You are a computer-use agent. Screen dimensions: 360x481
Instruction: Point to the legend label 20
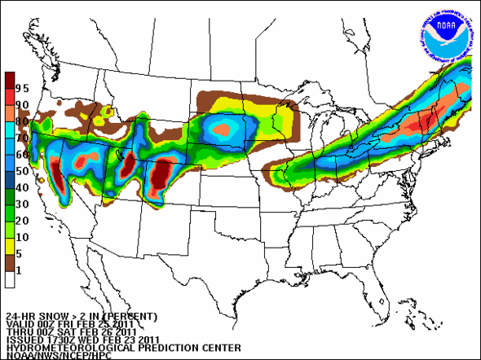click(22, 221)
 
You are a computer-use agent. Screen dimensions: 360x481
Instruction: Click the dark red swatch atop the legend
click(9, 81)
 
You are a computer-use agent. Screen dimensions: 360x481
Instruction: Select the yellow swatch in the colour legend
click(9, 247)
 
